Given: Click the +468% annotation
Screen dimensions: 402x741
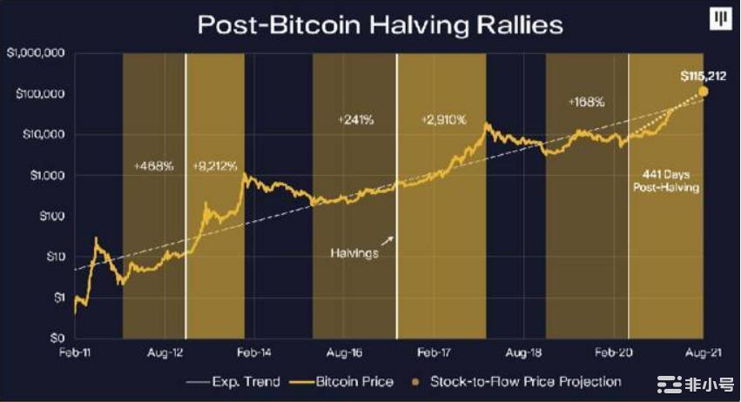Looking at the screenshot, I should pyautogui.click(x=153, y=164).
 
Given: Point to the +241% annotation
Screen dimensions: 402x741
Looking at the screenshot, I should pyautogui.click(x=354, y=119).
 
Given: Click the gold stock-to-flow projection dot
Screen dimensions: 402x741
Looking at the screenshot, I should pyautogui.click(x=703, y=91).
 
